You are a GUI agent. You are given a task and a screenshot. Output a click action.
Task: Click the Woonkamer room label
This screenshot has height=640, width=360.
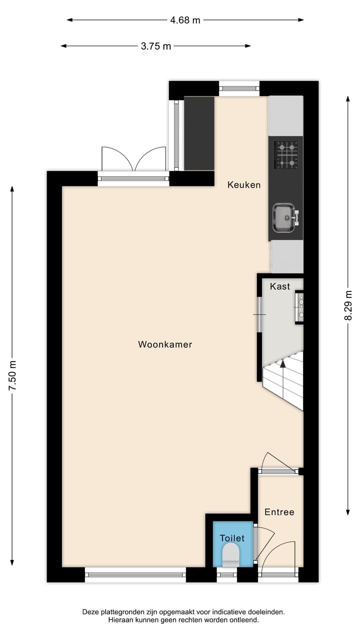tap(165, 344)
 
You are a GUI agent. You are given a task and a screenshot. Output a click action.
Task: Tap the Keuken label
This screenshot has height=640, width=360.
tap(244, 185)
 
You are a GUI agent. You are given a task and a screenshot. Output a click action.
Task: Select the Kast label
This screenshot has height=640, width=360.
tap(280, 286)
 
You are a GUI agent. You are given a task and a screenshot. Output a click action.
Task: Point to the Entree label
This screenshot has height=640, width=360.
tap(279, 512)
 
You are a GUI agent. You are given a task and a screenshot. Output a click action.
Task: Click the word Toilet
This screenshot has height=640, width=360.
tap(232, 538)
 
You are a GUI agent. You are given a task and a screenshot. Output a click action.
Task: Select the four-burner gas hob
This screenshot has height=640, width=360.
tap(287, 154)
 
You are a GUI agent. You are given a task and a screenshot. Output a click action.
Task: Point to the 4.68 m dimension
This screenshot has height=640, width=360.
tap(185, 20)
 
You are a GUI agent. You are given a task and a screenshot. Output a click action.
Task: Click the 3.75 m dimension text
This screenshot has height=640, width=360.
tap(155, 46)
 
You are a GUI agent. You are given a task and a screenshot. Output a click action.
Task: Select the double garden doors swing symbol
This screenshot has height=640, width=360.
tap(133, 159)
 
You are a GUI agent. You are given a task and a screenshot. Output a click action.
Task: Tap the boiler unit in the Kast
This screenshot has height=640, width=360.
tap(300, 306)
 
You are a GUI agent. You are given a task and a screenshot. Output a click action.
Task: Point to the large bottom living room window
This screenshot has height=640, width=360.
tap(135, 574)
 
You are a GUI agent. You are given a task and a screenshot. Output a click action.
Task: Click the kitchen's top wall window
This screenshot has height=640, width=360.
tap(239, 88)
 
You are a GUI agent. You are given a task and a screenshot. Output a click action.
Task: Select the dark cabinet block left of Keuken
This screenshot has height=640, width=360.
tap(199, 133)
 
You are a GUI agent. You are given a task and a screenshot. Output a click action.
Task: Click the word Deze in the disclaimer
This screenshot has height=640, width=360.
tap(91, 611)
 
